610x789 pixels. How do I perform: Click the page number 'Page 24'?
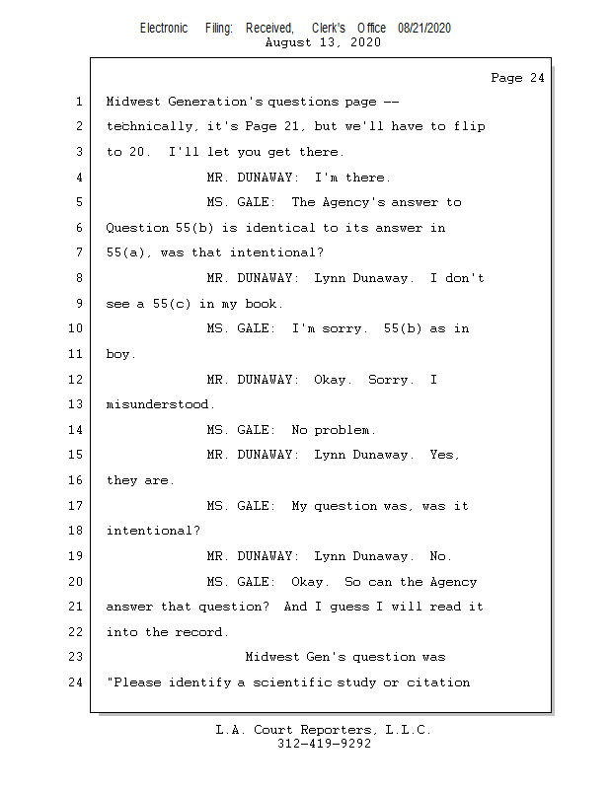517,78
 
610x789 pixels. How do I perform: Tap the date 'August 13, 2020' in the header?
323,42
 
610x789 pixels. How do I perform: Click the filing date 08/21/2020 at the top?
424,28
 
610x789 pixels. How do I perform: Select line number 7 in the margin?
78,253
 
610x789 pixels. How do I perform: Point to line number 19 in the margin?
76,556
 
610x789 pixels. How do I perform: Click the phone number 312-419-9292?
324,744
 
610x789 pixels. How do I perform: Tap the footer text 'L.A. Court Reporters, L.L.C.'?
323,730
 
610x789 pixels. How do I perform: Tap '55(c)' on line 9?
172,304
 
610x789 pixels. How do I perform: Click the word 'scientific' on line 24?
291,682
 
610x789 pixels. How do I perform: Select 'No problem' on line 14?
332,430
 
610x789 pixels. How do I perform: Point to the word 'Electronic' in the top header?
164,28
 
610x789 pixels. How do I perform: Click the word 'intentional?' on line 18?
153,531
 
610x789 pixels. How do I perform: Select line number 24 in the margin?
76,682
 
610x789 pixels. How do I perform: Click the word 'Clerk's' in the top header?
328,28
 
